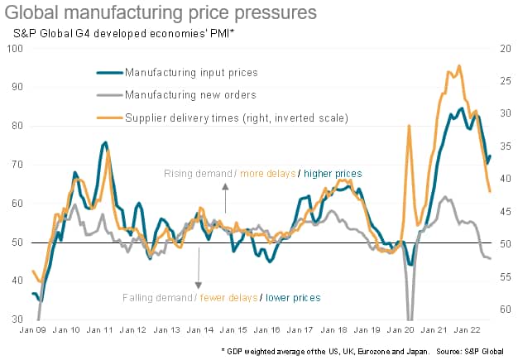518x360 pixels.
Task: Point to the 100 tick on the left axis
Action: [14, 49]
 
